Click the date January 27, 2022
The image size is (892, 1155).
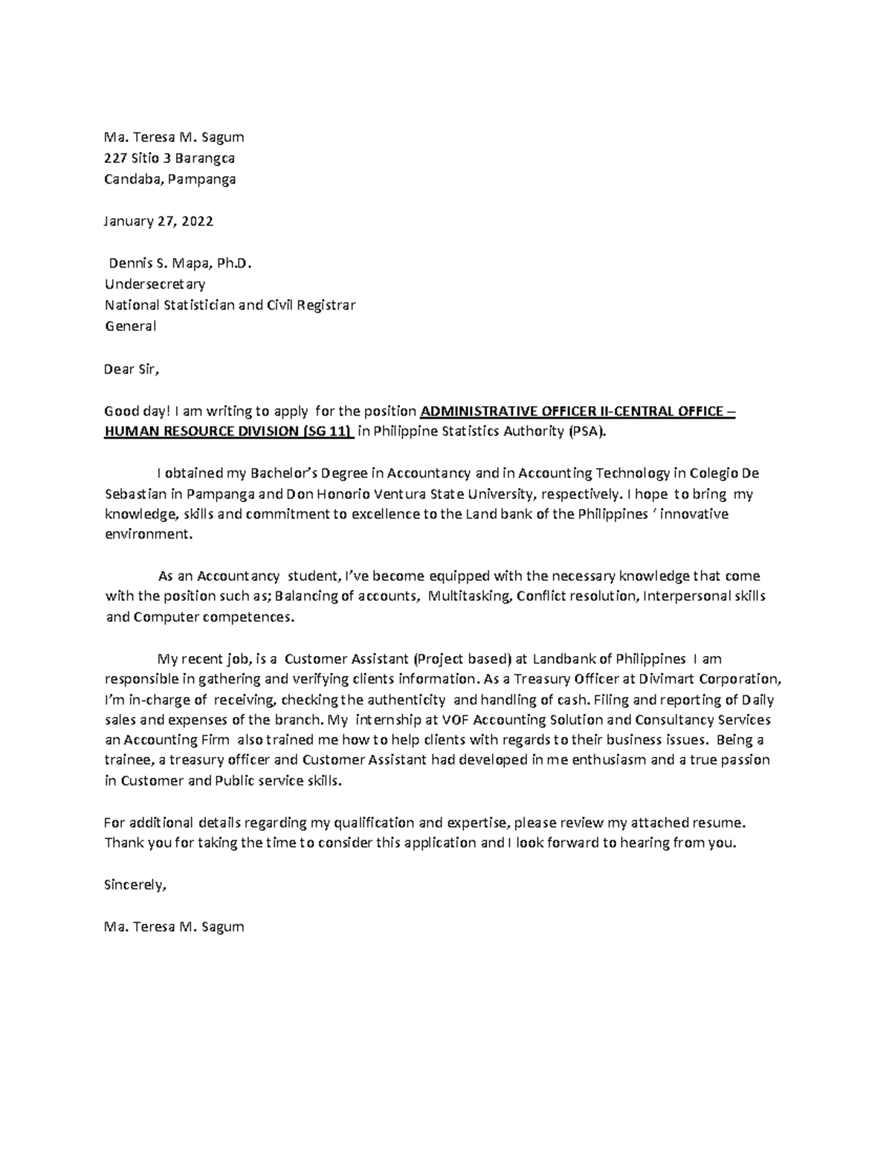158,221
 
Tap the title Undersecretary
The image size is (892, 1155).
155,283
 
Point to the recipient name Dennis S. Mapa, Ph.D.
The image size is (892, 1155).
175,263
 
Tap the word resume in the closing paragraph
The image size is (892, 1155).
718,823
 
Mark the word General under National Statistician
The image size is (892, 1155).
130,326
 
